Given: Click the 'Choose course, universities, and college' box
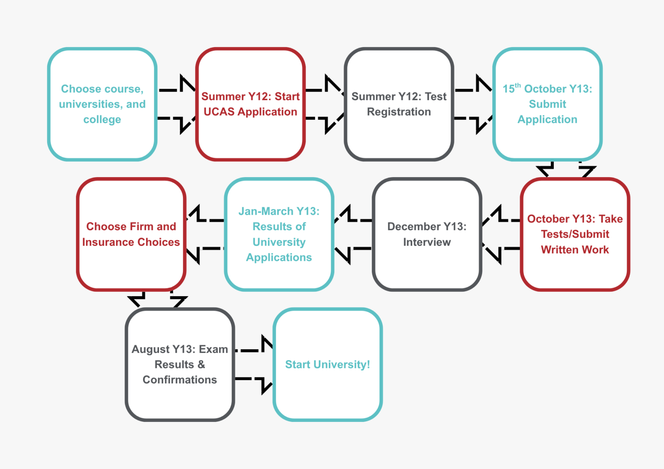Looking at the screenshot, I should pyautogui.click(x=102, y=104).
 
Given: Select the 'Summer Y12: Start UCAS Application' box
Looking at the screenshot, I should pyautogui.click(x=250, y=104).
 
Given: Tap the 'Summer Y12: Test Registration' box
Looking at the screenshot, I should pyautogui.click(x=399, y=104).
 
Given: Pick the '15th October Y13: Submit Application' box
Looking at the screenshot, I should pyautogui.click(x=547, y=104).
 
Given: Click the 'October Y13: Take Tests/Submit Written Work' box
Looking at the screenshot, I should pyautogui.click(x=575, y=234).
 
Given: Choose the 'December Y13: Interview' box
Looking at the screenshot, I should pyautogui.click(x=427, y=234).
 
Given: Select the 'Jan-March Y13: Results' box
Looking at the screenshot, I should pyautogui.click(x=279, y=234).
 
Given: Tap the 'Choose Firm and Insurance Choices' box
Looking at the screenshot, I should pyautogui.click(x=131, y=234).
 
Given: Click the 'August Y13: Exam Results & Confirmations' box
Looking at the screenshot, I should pyautogui.click(x=180, y=364).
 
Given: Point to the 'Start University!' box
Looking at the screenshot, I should pyautogui.click(x=328, y=364).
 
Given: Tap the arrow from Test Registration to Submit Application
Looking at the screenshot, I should pyautogui.click(x=474, y=104).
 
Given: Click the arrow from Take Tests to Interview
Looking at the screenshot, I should pyautogui.click(x=501, y=234).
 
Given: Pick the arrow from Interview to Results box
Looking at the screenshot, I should pyautogui.click(x=352, y=234).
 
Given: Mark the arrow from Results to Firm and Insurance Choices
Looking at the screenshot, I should pyautogui.click(x=204, y=234).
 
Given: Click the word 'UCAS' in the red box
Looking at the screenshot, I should pyautogui.click(x=219, y=112).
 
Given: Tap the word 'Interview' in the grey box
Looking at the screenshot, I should pyautogui.click(x=427, y=242).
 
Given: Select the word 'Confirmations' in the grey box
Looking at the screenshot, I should pyautogui.click(x=180, y=380).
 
